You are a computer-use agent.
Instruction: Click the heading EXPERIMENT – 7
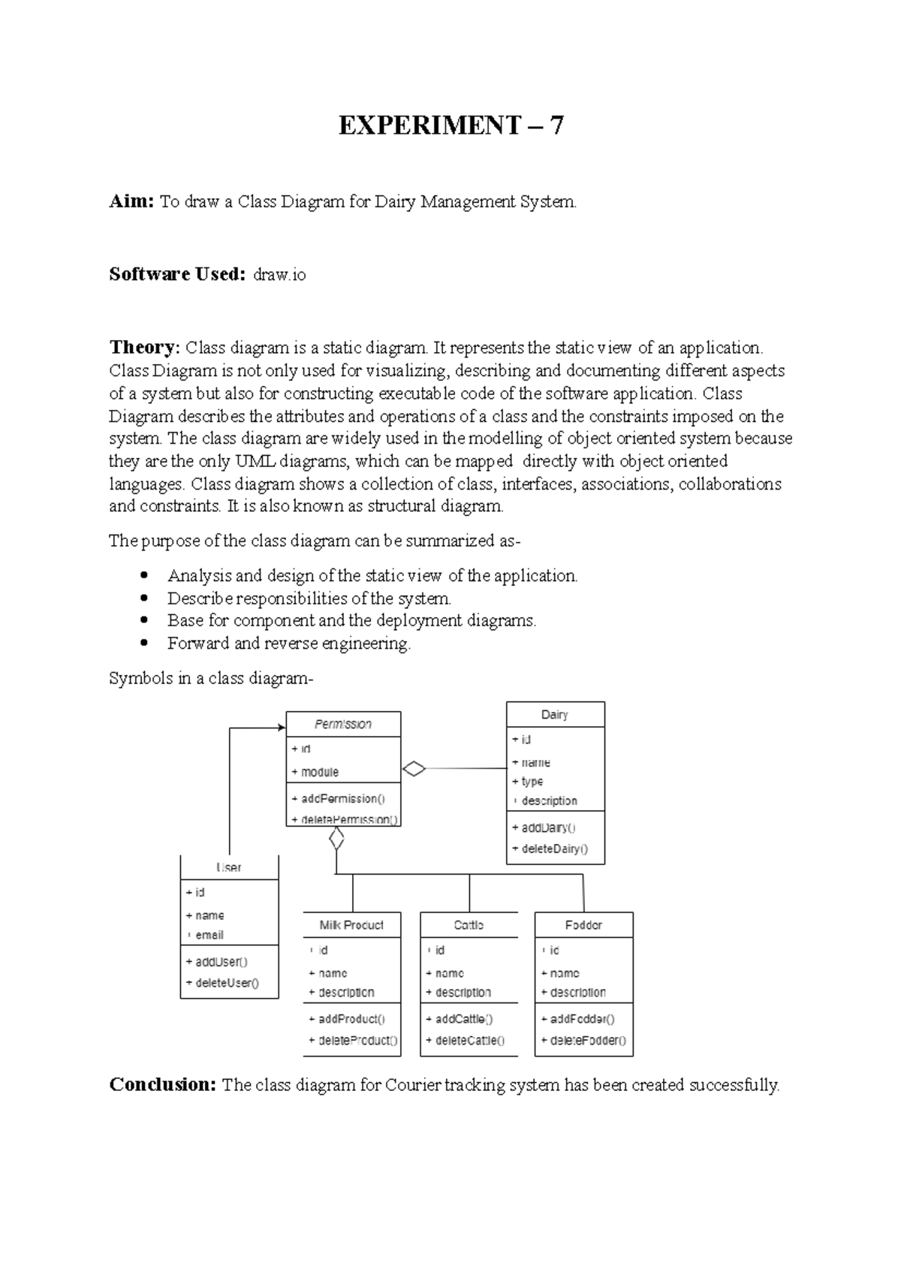pos(450,125)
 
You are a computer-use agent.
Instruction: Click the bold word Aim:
pos(131,201)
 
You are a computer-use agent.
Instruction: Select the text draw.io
pos(279,275)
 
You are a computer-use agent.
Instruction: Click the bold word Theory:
pos(144,348)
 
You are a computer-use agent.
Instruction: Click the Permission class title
pos(343,724)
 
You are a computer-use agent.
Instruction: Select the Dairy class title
pos(555,714)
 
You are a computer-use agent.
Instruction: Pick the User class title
pos(229,867)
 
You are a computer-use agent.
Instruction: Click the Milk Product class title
pos(351,925)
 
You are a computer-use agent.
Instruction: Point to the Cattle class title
pos(469,925)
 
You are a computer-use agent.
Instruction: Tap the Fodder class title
pos(583,925)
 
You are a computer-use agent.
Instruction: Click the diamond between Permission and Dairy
pos(414,768)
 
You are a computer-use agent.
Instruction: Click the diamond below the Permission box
pos(336,839)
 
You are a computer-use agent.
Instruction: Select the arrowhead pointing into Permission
pos(282,727)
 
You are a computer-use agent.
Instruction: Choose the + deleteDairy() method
pos(550,848)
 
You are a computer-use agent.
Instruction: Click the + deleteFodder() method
pos(583,1041)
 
